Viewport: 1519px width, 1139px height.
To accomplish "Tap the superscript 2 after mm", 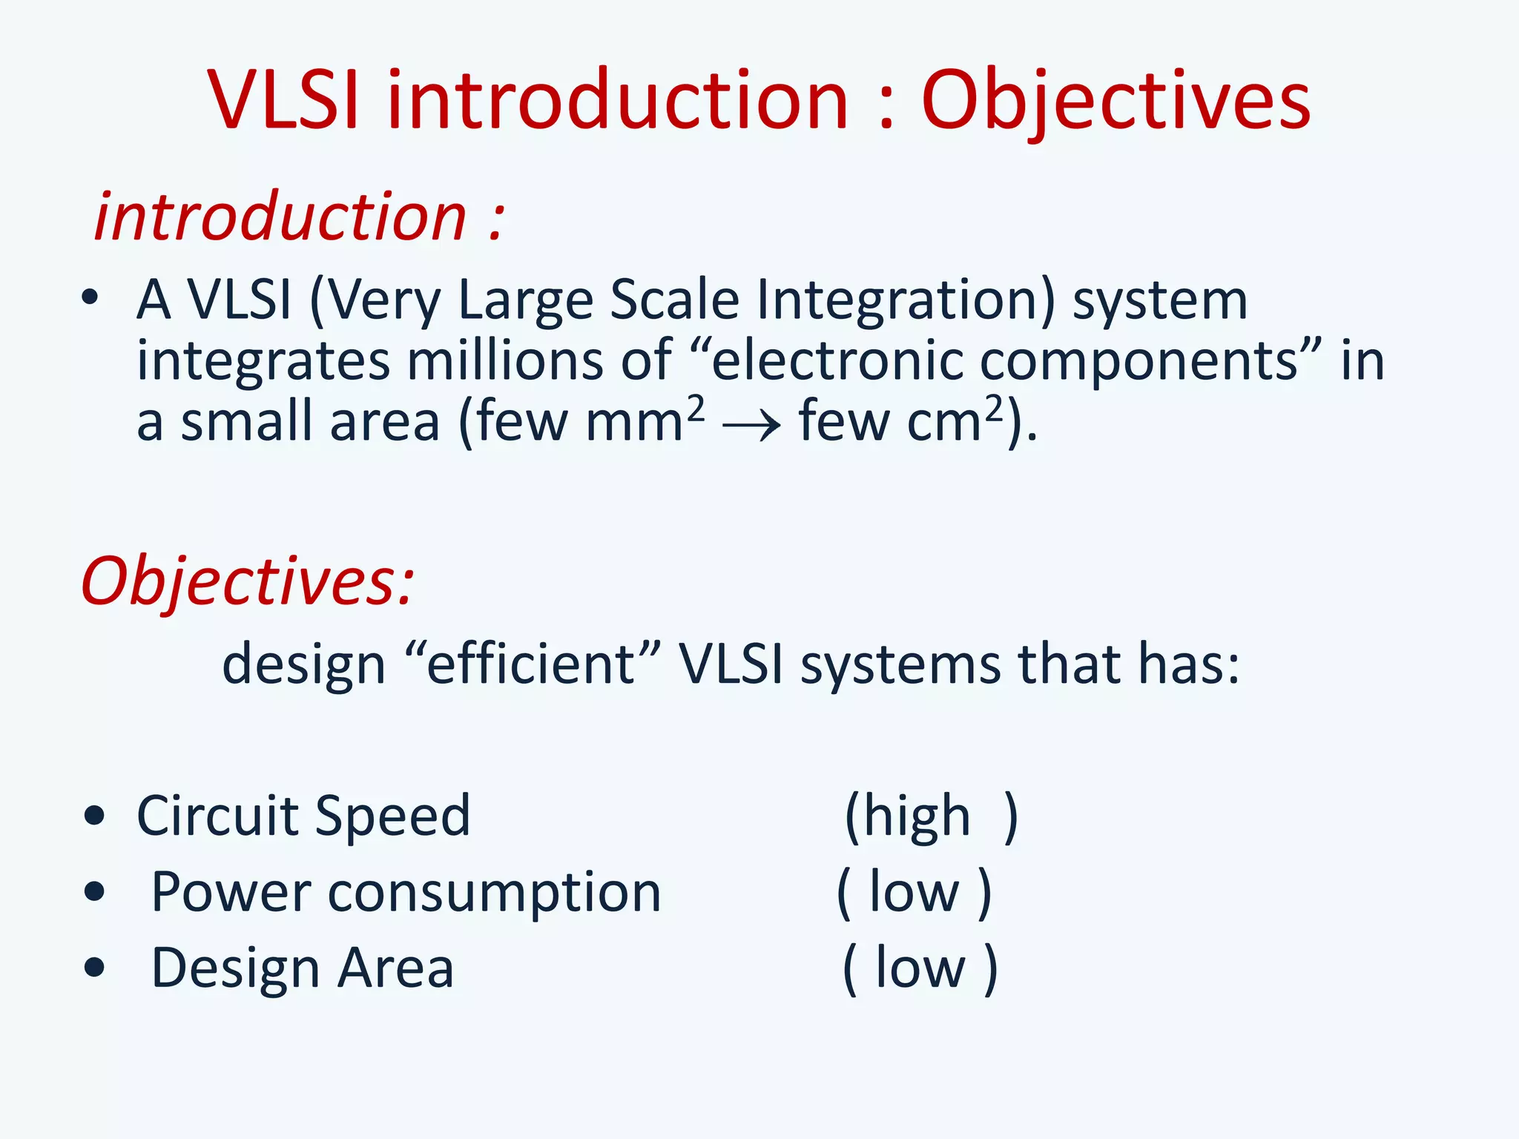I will click(696, 407).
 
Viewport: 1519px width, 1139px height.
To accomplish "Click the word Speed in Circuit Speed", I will click(392, 816).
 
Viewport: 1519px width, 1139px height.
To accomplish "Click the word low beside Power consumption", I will click(914, 893).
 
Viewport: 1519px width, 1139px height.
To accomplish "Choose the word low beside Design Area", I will click(920, 968).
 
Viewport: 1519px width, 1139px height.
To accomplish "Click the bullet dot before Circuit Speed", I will click(94, 816).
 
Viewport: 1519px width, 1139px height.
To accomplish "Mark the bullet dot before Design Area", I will click(94, 968).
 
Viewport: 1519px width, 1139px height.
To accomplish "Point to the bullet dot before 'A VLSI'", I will click(90, 298).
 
